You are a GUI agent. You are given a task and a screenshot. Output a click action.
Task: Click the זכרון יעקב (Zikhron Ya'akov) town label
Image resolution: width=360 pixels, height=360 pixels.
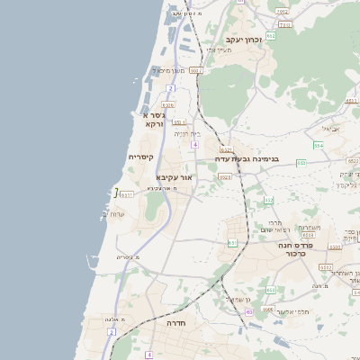coord(243,40)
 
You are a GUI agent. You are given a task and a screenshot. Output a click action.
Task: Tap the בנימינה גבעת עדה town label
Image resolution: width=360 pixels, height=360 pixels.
coord(247,158)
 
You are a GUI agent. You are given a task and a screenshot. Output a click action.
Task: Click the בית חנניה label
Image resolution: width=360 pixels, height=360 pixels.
coord(187,134)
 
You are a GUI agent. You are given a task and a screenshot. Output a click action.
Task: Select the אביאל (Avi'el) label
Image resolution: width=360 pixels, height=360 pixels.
coord(331,129)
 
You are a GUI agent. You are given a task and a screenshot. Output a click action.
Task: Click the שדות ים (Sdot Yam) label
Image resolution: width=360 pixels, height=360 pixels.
coord(113,214)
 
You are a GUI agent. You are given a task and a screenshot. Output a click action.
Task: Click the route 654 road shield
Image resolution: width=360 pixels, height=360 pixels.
coord(319,144)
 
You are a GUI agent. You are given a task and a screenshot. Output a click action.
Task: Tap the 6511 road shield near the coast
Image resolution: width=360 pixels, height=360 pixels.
coord(126,193)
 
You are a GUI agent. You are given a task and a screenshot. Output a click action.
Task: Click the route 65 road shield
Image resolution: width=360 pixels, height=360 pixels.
coord(249,311)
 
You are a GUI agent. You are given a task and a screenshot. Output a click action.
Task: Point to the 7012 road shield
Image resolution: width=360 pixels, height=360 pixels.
coord(283,11)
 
